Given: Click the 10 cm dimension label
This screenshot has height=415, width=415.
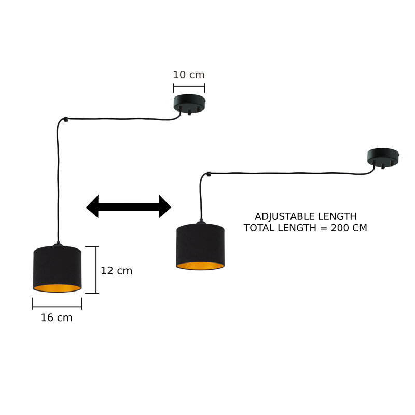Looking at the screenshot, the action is (x=189, y=75).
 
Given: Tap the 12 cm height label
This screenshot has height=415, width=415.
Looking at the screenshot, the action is (x=116, y=271).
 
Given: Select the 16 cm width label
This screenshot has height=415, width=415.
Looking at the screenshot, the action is (x=57, y=317).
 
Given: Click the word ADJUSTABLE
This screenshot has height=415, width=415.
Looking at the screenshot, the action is (x=285, y=216).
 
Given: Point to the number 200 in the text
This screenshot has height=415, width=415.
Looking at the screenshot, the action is (x=340, y=228).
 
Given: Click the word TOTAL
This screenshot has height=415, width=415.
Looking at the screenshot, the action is (x=258, y=228).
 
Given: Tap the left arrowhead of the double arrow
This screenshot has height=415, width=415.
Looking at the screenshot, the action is (x=93, y=206).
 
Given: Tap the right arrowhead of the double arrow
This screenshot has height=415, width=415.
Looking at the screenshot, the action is (x=165, y=206).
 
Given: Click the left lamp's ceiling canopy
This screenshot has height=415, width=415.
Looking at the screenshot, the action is (x=189, y=103).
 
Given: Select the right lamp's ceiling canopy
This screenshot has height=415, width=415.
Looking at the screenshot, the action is (x=383, y=157).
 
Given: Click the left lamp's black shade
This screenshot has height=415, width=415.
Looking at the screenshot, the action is (x=57, y=266).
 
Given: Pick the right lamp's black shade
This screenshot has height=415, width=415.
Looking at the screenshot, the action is (x=200, y=243).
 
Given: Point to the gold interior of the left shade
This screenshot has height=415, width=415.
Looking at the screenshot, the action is (x=57, y=288).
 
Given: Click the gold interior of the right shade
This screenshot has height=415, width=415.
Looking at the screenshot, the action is (x=200, y=266).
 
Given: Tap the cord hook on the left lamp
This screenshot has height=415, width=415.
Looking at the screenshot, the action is (x=66, y=119).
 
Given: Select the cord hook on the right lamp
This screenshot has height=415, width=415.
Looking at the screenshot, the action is (x=209, y=174).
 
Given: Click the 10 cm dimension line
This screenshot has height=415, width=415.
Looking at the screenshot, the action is (x=189, y=86).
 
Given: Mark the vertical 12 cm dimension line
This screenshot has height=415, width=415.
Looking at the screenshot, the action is (x=96, y=270).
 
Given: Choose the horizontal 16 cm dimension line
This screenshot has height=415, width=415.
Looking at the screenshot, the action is (x=57, y=307).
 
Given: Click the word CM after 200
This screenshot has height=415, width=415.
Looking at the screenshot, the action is (x=359, y=228).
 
